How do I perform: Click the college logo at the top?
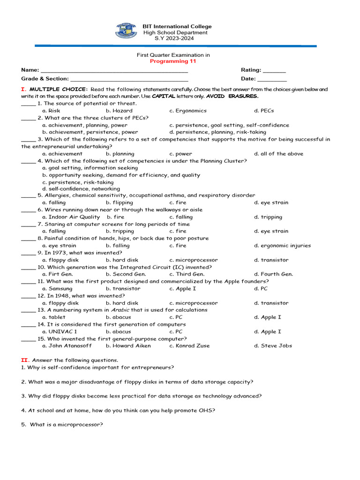coord(126,31)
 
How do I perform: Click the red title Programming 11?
coord(173,61)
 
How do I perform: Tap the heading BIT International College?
coord(177,27)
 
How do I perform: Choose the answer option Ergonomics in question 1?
coord(188,111)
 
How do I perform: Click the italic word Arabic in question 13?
coord(120,310)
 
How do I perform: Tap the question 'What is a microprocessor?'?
coord(66,425)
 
